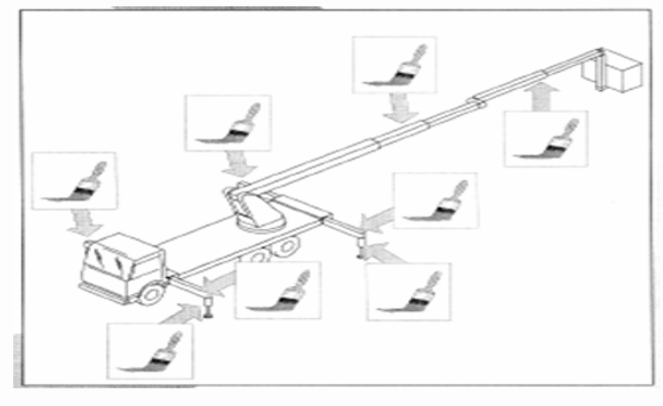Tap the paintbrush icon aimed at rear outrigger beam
click(436, 200)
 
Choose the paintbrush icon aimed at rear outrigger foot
click(409, 291)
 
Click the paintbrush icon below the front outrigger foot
click(150, 350)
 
